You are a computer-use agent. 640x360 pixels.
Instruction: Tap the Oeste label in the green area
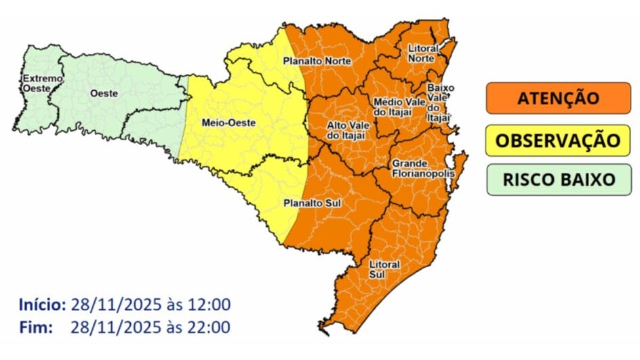click(104, 93)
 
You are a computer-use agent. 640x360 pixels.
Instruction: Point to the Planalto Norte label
click(317, 62)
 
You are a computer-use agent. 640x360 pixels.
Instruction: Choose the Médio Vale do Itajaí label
click(399, 106)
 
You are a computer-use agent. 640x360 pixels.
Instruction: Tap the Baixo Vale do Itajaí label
click(440, 102)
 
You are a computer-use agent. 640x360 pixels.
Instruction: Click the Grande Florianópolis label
click(418, 169)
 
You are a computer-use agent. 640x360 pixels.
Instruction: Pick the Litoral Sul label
click(384, 269)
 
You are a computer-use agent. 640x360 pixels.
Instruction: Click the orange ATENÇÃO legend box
click(558, 98)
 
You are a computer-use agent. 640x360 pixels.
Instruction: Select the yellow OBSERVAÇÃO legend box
click(558, 140)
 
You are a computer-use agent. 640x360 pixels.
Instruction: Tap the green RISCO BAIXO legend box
click(558, 180)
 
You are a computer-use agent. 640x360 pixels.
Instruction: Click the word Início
click(42, 304)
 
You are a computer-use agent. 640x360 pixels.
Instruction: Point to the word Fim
click(36, 327)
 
